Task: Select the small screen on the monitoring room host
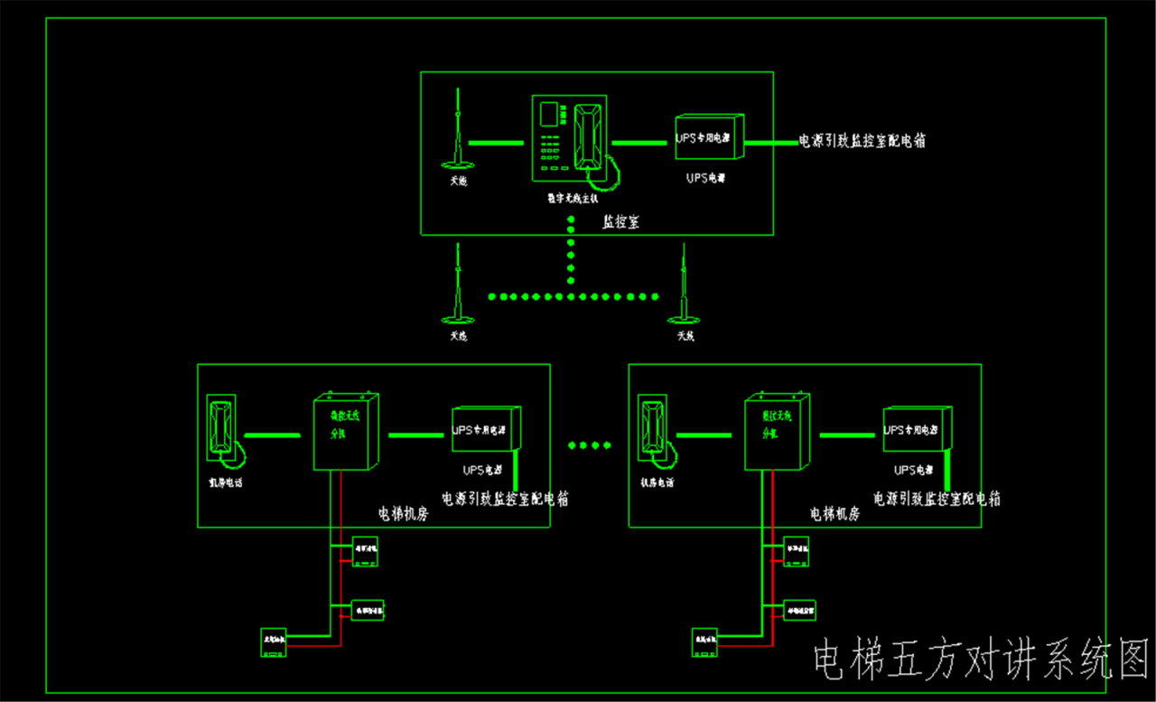[548, 114]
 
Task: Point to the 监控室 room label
[620, 222]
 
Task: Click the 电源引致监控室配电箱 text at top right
[862, 141]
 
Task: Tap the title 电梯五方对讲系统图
[980, 660]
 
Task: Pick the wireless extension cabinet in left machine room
[343, 432]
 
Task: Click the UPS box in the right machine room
[917, 428]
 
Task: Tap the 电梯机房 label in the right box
[834, 514]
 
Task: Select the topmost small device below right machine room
[796, 551]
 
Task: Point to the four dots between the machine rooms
[589, 444]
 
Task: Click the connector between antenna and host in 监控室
[495, 142]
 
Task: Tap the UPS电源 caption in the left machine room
[482, 470]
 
